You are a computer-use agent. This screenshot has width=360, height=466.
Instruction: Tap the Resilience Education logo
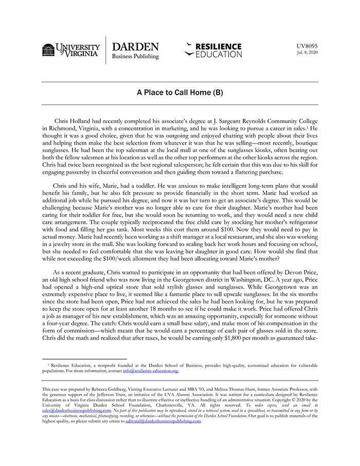point(213,50)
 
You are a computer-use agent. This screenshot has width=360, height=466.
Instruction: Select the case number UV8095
point(308,46)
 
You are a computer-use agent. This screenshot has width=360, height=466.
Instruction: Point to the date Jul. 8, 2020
point(308,53)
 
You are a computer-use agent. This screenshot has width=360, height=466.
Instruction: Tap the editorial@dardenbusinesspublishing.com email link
point(163,421)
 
